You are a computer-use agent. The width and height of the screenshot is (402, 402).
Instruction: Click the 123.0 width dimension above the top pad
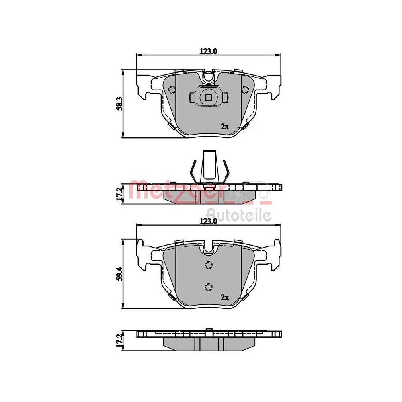tap(208, 51)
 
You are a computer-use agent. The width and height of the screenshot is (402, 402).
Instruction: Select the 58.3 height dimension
tap(118, 103)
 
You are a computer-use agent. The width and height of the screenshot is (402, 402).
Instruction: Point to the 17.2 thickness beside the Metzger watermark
tap(119, 193)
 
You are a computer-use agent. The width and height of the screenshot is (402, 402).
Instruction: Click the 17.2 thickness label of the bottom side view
tap(119, 340)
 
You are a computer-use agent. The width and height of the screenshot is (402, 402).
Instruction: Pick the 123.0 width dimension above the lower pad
tap(208, 221)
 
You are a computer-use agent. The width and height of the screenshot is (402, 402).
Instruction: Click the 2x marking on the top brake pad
tap(224, 127)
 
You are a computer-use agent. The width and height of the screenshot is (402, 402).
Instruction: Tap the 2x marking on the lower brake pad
tap(224, 297)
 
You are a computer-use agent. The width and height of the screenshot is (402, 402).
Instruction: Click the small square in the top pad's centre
tap(208, 97)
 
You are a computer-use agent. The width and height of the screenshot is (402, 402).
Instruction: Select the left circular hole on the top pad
tap(173, 90)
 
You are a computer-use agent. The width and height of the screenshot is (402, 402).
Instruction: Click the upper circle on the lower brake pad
tap(208, 265)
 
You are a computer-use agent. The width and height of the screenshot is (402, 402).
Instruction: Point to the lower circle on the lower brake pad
tap(208, 286)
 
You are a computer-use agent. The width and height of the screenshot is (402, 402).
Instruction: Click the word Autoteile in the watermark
tap(238, 215)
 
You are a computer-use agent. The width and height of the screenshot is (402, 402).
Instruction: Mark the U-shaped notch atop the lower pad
tap(208, 248)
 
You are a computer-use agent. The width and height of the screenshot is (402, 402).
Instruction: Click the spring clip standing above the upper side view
tap(209, 166)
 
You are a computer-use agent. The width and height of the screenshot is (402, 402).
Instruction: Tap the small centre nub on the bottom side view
tap(209, 331)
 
